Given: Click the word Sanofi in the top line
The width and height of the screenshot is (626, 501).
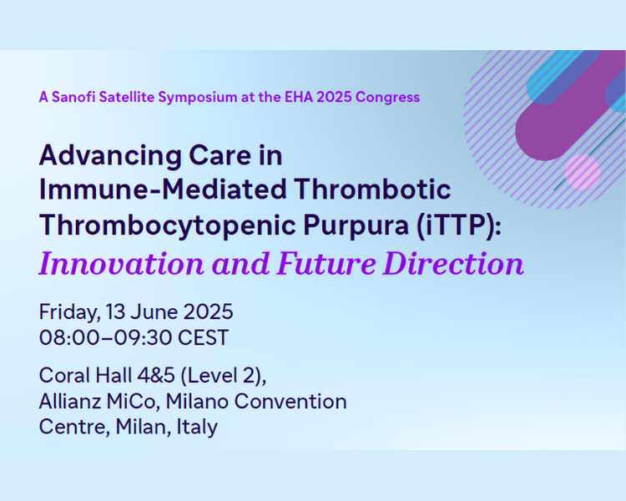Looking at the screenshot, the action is [x=73, y=97].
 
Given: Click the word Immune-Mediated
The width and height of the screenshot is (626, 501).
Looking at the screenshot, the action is [x=163, y=189].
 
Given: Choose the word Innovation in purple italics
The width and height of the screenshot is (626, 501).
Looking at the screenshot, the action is [x=121, y=264].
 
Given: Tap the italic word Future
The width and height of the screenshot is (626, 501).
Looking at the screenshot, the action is [x=326, y=264].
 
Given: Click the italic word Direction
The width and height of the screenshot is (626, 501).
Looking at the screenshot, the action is [x=453, y=264].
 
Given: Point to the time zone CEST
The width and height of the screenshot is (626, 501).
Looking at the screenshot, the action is [x=203, y=337].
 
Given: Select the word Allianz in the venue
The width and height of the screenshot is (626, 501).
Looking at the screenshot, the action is [x=70, y=402].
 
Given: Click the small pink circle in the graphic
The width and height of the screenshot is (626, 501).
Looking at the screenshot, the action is [x=582, y=172].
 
